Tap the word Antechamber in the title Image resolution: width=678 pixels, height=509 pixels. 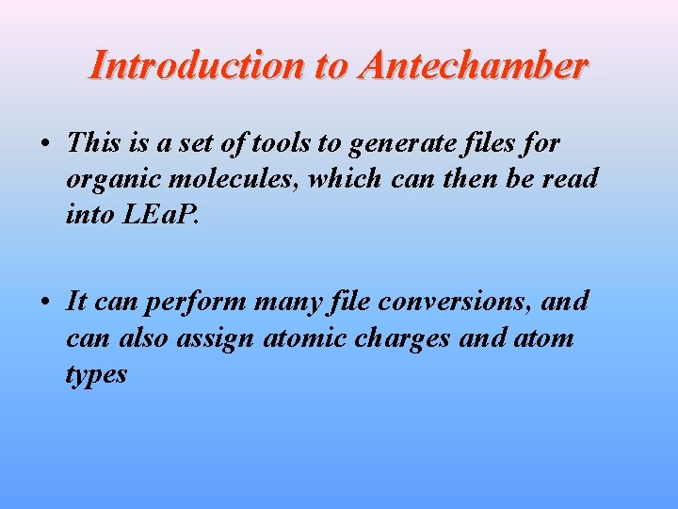[473, 65]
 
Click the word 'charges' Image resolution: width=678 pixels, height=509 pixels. [408, 338]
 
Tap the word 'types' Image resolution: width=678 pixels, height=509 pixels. [96, 374]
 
